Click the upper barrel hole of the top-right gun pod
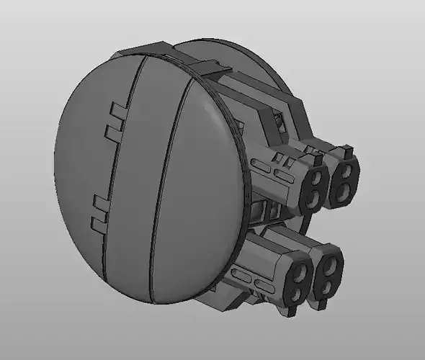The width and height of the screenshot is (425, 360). pyautogui.click(x=348, y=171)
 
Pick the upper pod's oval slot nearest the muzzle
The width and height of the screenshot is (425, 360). pyautogui.click(x=285, y=175)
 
